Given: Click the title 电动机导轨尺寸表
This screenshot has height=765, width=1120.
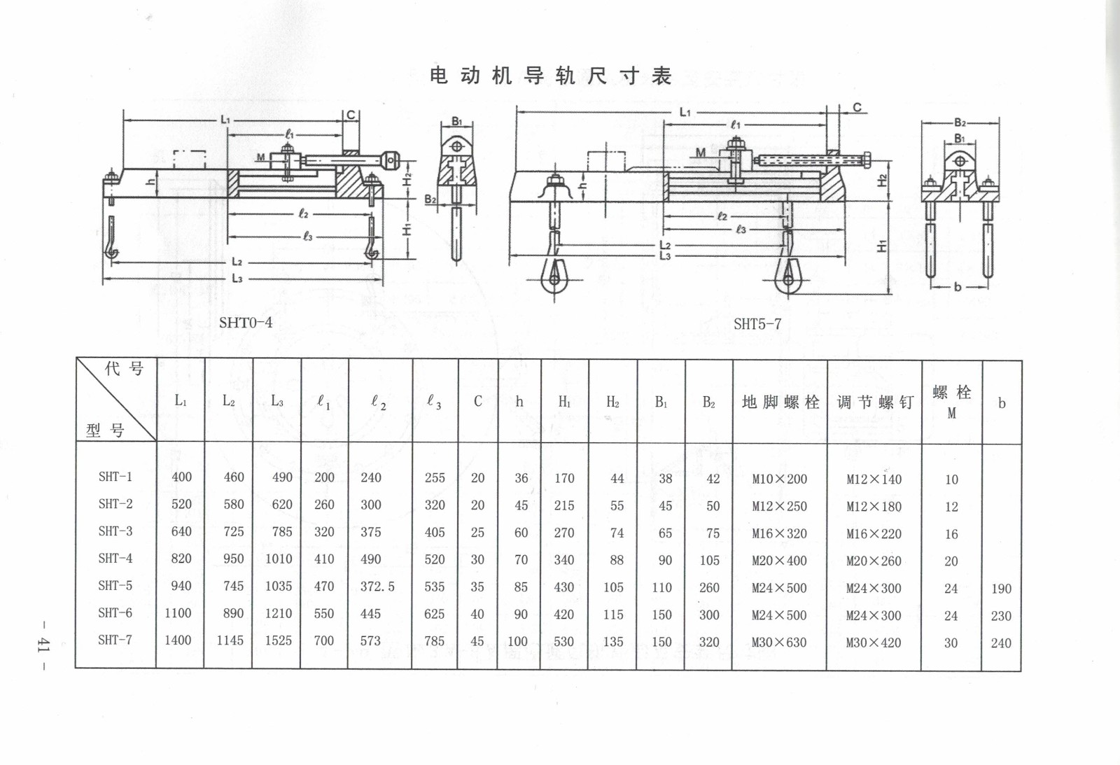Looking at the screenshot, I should pos(551,76).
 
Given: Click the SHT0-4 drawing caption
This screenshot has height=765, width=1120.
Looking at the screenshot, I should pos(245,323).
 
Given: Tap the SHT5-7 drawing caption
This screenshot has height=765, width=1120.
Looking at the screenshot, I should pos(757,324).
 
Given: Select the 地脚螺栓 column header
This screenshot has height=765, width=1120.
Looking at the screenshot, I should pos(780,402).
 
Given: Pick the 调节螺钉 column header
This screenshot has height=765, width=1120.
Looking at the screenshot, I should pos(875,402).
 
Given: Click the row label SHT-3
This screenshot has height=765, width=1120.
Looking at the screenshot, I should pos(115,531).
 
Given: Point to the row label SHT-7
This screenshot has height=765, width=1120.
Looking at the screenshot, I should pos(115,640).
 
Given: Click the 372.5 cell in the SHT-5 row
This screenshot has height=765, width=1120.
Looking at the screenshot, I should pos(377,587).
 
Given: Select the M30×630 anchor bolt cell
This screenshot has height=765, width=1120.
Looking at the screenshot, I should pos(779,643).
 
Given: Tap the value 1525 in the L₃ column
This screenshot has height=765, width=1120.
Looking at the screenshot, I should pos(278,641).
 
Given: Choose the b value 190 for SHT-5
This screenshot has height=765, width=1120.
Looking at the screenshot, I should pos(1001,589).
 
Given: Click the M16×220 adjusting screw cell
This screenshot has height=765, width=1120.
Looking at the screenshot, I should pos(874,534).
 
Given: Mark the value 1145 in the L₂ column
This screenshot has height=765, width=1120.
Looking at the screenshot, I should pos(230,640).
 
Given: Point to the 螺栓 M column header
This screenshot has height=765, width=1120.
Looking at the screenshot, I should pos(951,402).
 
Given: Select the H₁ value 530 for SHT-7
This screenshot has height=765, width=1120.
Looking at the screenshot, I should pos(563,642).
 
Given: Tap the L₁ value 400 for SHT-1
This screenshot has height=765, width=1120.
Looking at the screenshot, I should pos(181,477).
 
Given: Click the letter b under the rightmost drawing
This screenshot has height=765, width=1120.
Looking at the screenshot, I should pos(958,286).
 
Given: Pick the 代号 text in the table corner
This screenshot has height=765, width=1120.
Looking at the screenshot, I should pos(124,369).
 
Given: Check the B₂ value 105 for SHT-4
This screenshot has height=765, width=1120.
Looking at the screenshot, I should pos(709,561).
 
